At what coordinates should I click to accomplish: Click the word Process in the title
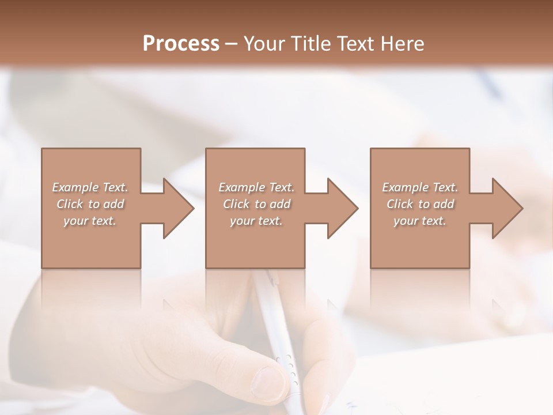click(181, 43)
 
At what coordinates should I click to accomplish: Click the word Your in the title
click(266, 43)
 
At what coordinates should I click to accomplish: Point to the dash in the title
click(231, 44)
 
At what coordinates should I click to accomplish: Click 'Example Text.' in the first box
click(90, 187)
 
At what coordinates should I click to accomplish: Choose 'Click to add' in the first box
click(90, 204)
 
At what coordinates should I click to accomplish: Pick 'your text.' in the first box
click(90, 221)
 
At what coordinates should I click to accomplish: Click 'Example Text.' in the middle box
click(256, 187)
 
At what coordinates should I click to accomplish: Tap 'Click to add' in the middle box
click(256, 204)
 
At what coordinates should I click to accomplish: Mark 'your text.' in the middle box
click(256, 221)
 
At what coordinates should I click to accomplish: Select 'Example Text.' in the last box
click(420, 187)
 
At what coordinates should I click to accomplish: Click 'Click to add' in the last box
click(420, 204)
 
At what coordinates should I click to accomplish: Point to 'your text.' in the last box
click(420, 221)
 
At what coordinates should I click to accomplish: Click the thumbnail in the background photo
click(267, 380)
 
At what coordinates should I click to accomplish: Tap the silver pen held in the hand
click(276, 323)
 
